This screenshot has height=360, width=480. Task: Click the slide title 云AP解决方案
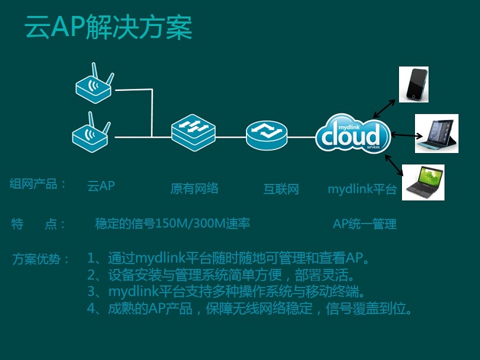[108, 27]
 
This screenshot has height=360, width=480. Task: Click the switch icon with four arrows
[193, 132]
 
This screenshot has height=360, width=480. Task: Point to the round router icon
[267, 135]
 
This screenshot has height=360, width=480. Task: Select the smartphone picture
[414, 85]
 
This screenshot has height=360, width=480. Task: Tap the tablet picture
[436, 134]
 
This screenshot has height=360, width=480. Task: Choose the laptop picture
[423, 183]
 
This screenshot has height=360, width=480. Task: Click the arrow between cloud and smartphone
[384, 109]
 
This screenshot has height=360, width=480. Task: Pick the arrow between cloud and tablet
[407, 135]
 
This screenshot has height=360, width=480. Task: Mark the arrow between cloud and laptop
[394, 165]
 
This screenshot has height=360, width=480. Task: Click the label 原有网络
[194, 188]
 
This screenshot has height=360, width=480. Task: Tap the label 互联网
[281, 189]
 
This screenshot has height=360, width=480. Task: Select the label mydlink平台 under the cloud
[362, 189]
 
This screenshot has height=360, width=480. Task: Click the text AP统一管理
[365, 224]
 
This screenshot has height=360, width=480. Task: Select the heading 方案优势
[37, 259]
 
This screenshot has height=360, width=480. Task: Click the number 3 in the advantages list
[91, 291]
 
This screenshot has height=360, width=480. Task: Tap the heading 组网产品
[33, 184]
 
